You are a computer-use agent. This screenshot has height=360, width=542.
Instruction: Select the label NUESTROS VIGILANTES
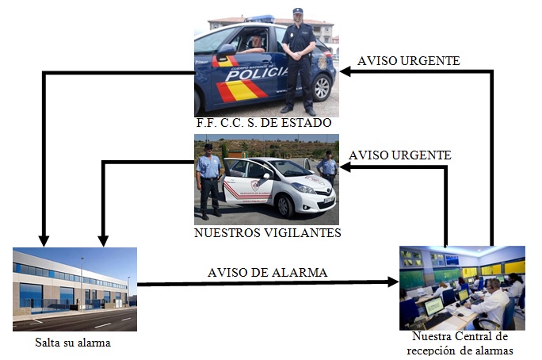(x=267, y=233)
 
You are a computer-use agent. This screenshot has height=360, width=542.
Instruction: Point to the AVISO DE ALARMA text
(x=268, y=272)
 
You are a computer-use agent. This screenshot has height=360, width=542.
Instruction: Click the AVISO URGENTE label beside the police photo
(x=408, y=60)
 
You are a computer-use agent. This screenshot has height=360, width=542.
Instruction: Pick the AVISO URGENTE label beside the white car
(x=400, y=155)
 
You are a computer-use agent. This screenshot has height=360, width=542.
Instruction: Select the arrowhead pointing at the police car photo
(x=345, y=71)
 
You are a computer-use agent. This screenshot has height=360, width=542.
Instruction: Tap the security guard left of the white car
(x=209, y=178)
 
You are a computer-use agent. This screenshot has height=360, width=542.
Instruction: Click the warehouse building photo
(x=74, y=289)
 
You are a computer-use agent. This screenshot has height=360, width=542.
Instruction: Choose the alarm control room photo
(x=462, y=287)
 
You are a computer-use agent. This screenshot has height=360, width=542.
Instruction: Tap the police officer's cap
(x=298, y=11)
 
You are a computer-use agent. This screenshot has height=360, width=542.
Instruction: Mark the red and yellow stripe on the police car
(x=241, y=90)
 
